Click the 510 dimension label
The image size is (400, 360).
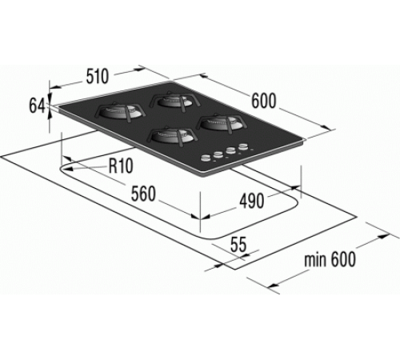(x=98, y=76)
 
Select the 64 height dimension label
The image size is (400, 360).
(x=37, y=106)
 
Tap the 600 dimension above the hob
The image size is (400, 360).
(x=264, y=102)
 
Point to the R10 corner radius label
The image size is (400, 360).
(x=121, y=166)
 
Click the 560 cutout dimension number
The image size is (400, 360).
(x=143, y=194)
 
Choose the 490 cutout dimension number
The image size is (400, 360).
(x=252, y=201)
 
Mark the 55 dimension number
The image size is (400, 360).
(x=238, y=244)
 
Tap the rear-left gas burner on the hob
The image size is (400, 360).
(x=120, y=111)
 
